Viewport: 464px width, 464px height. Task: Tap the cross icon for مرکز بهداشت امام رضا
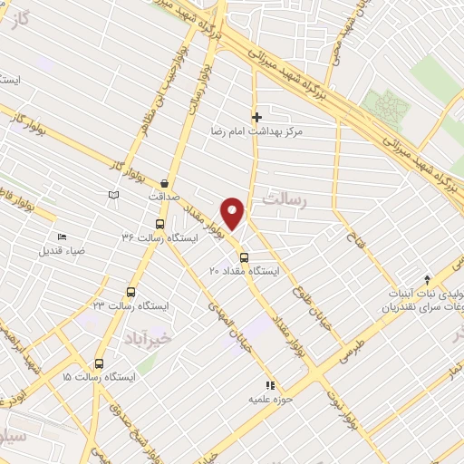[x=256, y=116]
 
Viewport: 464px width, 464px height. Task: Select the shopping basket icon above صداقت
[x=164, y=181]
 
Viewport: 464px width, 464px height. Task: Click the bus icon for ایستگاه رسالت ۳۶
[x=160, y=224]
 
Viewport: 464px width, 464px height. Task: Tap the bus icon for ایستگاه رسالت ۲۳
[x=130, y=293]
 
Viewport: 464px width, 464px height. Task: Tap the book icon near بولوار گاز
[x=113, y=195]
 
